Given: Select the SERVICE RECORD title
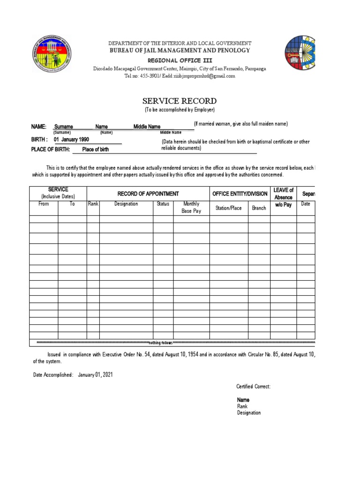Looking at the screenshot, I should click(180, 101).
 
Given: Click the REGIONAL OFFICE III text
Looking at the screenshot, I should click(180, 60).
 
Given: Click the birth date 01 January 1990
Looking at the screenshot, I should click(71, 140).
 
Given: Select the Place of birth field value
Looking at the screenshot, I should click(95, 150).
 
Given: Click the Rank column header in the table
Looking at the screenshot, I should click(93, 204).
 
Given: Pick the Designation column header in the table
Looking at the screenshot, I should click(126, 204).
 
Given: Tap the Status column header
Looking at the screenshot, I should click(163, 204).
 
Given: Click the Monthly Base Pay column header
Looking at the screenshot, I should click(191, 208).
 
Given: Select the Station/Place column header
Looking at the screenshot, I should click(229, 208).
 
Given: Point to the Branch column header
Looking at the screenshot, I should click(259, 208).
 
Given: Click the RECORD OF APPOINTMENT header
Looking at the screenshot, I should click(148, 194).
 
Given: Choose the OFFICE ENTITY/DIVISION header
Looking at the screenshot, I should click(240, 194).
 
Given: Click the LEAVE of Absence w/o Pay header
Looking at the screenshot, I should click(283, 197).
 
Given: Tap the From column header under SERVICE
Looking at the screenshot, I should click(44, 204).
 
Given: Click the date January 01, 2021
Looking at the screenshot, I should click(95, 375).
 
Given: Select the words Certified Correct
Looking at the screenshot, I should click(254, 386).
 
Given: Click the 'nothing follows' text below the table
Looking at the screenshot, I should click(161, 343).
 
